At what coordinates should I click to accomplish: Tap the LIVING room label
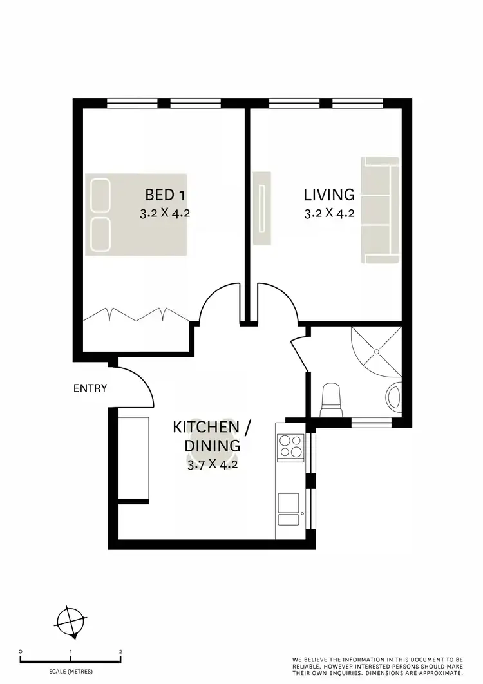(329, 194)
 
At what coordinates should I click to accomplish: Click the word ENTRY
(90, 388)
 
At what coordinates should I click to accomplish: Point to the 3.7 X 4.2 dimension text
(213, 464)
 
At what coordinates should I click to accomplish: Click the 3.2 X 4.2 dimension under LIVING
(329, 214)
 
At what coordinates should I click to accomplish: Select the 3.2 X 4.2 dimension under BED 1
(165, 214)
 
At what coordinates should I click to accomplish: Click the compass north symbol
(70, 623)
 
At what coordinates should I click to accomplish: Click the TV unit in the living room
(262, 208)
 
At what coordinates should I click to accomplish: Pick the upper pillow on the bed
(100, 195)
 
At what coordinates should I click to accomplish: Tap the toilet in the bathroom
(331, 397)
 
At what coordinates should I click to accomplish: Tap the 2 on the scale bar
(120, 652)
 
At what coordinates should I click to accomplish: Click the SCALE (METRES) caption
(70, 672)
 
